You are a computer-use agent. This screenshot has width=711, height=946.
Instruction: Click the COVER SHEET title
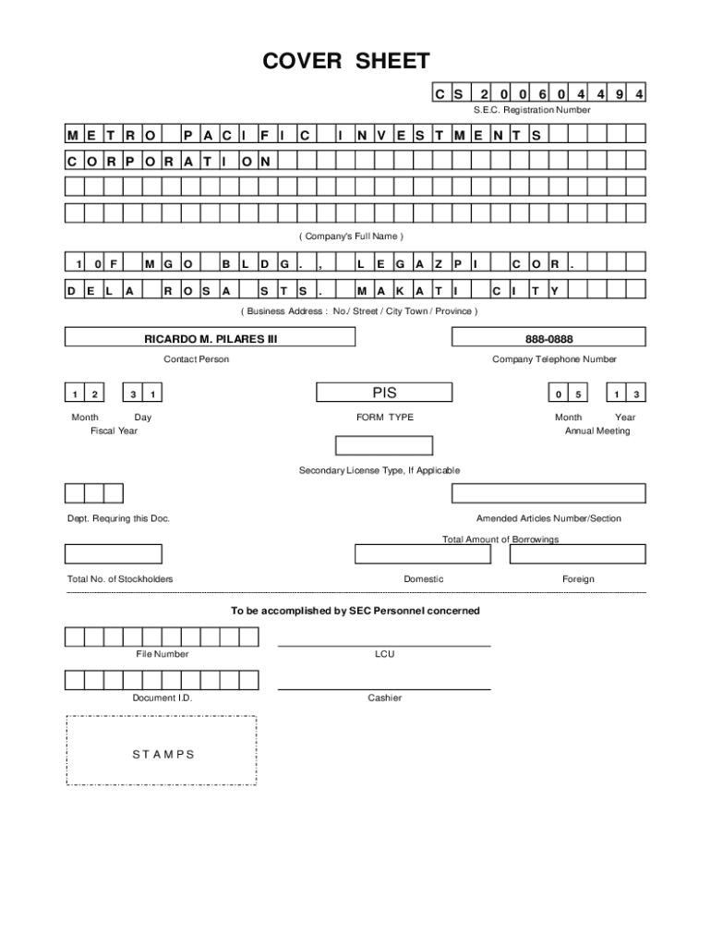pyautogui.click(x=346, y=62)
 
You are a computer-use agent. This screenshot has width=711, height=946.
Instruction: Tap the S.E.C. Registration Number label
pyautogui.click(x=532, y=110)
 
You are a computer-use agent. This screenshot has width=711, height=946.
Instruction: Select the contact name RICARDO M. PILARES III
pyautogui.click(x=211, y=339)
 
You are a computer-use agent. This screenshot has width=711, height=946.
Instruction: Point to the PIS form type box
pyautogui.click(x=384, y=393)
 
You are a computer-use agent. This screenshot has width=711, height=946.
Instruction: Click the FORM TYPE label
pyautogui.click(x=385, y=418)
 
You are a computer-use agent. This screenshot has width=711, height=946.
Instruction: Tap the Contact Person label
pyautogui.click(x=197, y=359)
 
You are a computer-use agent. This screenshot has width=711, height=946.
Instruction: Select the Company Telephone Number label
pyautogui.click(x=554, y=359)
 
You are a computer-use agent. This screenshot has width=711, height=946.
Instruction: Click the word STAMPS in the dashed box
pyautogui.click(x=163, y=754)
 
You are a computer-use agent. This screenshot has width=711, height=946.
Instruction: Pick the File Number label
pyautogui.click(x=163, y=654)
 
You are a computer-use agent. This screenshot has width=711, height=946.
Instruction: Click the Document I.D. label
pyautogui.click(x=163, y=698)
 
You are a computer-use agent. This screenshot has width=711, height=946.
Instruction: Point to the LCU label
pyautogui.click(x=384, y=654)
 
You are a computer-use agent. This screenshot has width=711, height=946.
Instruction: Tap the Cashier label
pyautogui.click(x=384, y=698)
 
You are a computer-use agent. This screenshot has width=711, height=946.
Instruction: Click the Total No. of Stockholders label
pyautogui.click(x=120, y=579)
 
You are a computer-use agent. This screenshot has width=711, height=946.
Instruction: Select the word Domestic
pyautogui.click(x=424, y=579)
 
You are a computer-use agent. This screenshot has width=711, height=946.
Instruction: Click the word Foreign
pyautogui.click(x=578, y=579)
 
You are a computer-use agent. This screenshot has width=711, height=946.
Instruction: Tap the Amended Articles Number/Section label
pyautogui.click(x=548, y=518)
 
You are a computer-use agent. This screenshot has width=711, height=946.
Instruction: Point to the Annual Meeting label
pyautogui.click(x=597, y=431)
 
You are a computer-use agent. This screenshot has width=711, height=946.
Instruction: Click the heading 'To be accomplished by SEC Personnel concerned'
pyautogui.click(x=355, y=612)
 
